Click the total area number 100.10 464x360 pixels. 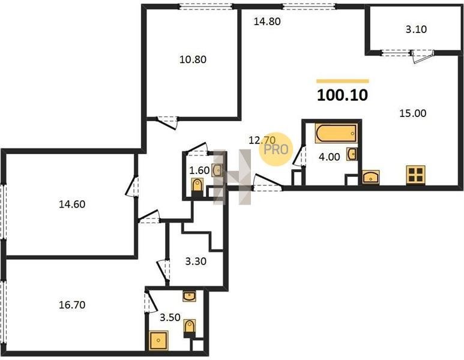pyautogui.click(x=342, y=95)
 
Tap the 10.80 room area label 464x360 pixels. pyautogui.click(x=193, y=60)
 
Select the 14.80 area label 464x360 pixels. pyautogui.click(x=267, y=22)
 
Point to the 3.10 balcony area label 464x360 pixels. pyautogui.click(x=416, y=29)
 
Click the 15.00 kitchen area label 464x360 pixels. pyautogui.click(x=413, y=113)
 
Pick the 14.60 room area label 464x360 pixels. pyautogui.click(x=72, y=204)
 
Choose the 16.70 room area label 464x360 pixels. pyautogui.click(x=72, y=305)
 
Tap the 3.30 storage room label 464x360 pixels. pyautogui.click(x=196, y=262)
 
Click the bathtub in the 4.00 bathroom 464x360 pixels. pyautogui.click(x=337, y=133)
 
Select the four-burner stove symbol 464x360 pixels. pyautogui.click(x=416, y=175)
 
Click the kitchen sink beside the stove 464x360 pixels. pyautogui.click(x=371, y=177)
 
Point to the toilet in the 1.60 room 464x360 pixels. pyautogui.click(x=197, y=186)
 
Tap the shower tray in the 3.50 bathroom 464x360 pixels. pyautogui.click(x=159, y=340)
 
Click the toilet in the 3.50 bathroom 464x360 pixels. pyautogui.click(x=190, y=328)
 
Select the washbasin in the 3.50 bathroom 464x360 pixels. pyautogui.click(x=189, y=296)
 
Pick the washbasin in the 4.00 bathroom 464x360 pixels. pyautogui.click(x=352, y=154)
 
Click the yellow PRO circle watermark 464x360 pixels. pyautogui.click(x=276, y=149)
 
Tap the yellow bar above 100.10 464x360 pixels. pyautogui.click(x=343, y=81)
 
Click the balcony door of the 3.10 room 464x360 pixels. pyautogui.click(x=422, y=56)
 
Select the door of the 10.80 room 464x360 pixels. pyautogui.click(x=167, y=122)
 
